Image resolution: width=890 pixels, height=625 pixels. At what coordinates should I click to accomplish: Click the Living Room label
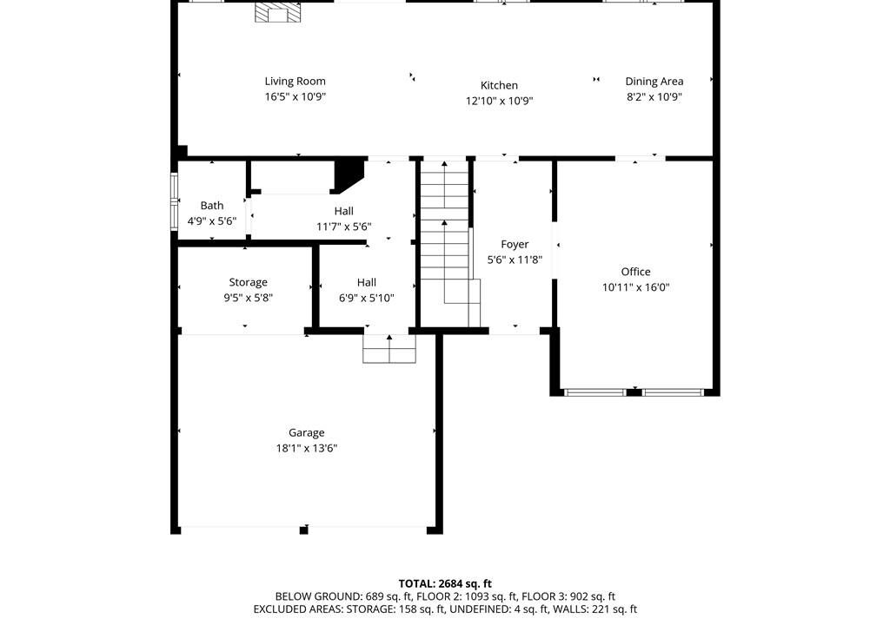(296, 81)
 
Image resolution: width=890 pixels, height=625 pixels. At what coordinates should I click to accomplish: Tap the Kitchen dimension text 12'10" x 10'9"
(500, 101)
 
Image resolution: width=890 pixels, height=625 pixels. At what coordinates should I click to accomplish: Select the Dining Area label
(654, 81)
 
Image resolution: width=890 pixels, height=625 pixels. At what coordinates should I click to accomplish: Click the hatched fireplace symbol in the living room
(276, 12)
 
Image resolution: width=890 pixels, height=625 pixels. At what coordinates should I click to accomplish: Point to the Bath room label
(212, 206)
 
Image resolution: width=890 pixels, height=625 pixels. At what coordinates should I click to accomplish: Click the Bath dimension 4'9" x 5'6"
(212, 221)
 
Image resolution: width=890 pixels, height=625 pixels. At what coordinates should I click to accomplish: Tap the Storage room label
(248, 282)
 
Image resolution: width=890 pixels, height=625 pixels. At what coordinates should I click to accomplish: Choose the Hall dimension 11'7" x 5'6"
(344, 227)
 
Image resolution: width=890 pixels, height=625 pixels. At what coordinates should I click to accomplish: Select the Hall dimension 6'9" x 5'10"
(367, 298)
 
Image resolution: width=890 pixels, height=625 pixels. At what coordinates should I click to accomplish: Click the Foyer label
(515, 245)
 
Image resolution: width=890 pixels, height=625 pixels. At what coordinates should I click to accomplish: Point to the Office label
(635, 272)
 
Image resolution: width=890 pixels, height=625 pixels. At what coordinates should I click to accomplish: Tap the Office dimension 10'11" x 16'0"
(635, 287)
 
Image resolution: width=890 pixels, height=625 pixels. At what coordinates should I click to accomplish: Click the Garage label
(307, 433)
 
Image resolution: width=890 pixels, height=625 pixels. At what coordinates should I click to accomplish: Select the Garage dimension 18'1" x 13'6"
(307, 448)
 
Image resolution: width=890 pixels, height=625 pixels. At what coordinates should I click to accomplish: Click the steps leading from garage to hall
(389, 348)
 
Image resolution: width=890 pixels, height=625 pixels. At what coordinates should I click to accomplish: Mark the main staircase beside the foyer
(447, 244)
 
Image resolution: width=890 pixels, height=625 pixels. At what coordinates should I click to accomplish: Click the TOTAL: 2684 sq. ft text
(445, 583)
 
